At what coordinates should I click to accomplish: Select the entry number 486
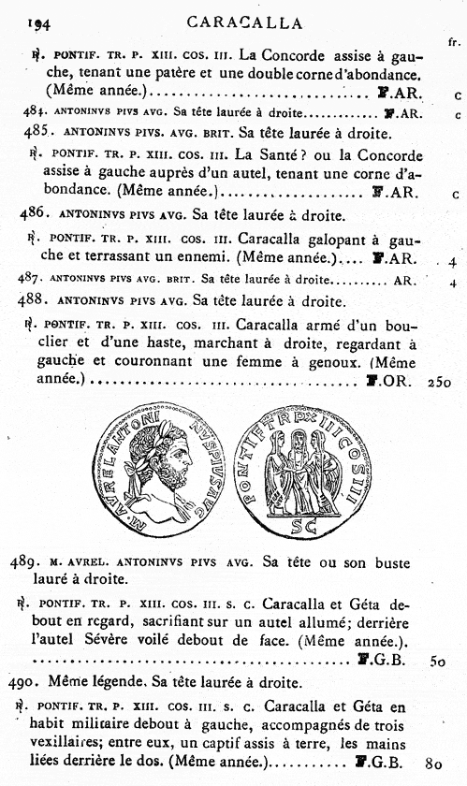click(35, 213)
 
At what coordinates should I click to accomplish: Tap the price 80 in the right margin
click(432, 764)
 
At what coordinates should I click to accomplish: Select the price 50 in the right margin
click(437, 660)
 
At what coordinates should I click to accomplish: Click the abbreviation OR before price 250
click(393, 382)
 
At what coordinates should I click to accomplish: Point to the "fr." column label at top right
click(453, 43)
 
